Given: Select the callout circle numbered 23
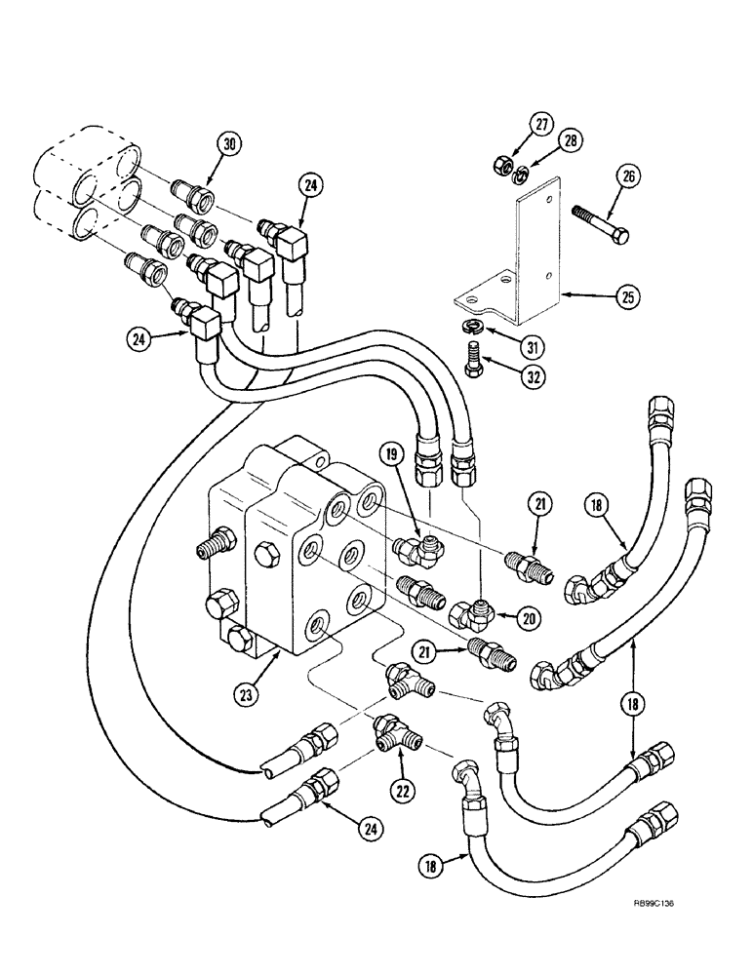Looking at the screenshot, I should pos(249,695).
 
